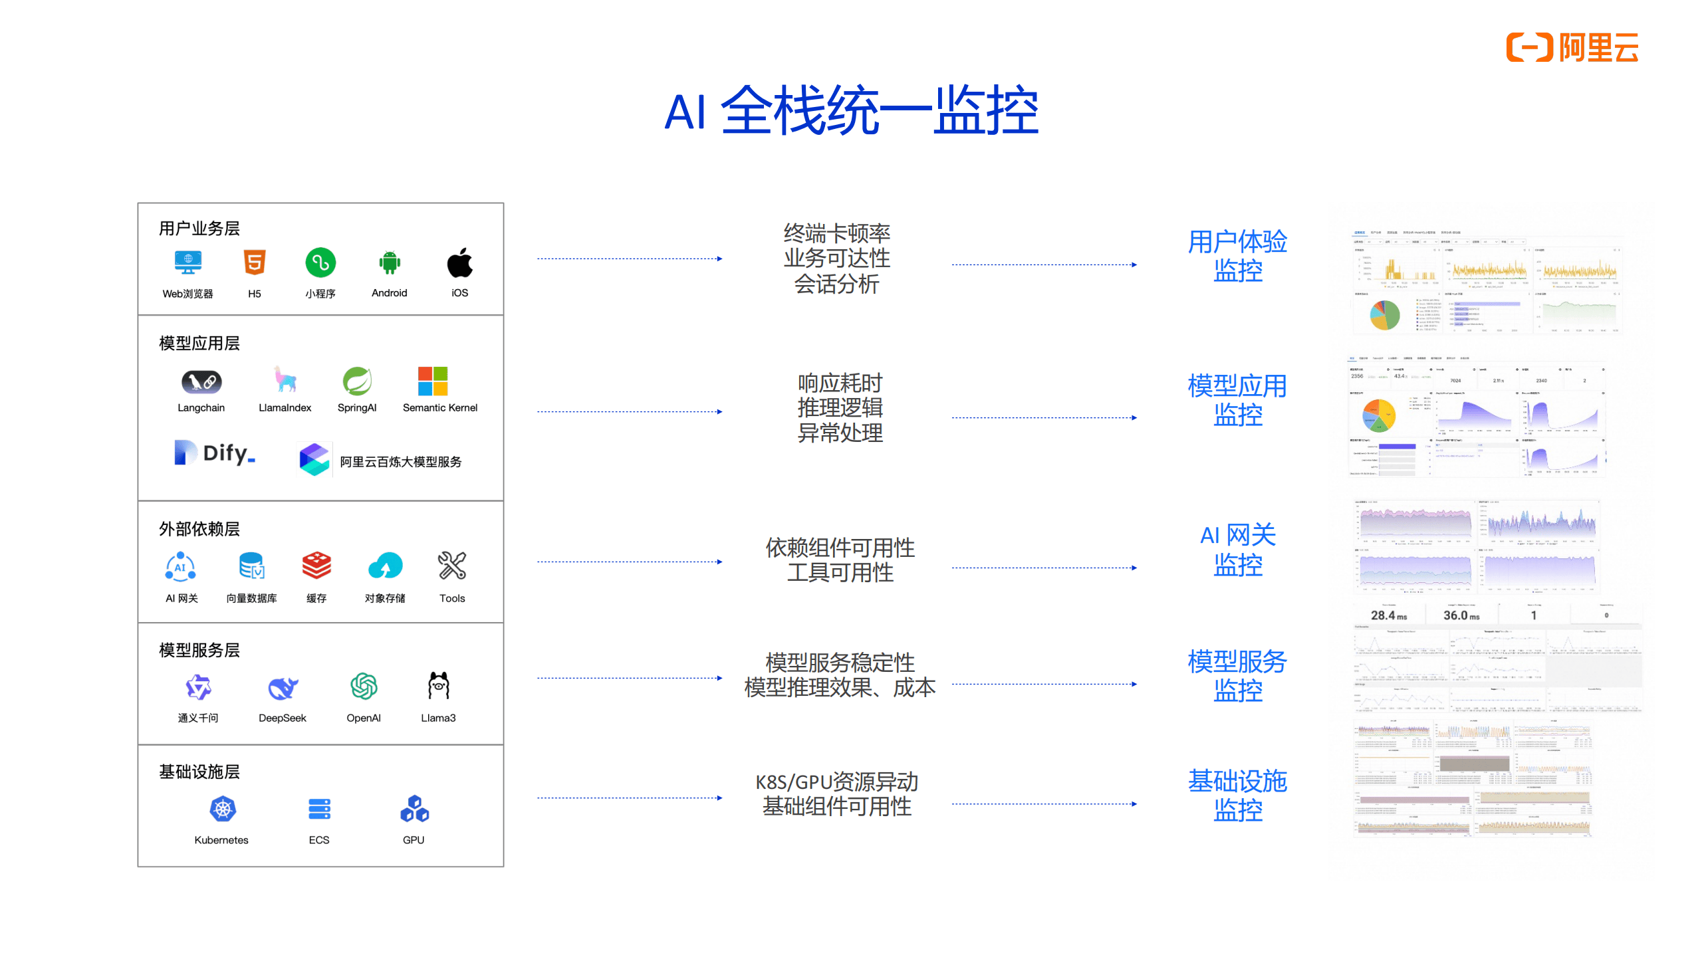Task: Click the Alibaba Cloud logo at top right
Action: pos(1572,47)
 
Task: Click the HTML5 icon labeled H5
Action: pos(255,263)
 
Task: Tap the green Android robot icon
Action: pos(390,263)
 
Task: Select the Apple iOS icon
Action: pos(459,263)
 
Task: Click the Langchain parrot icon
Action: pos(201,381)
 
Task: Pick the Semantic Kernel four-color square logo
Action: pos(433,381)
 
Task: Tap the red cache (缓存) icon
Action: pos(316,566)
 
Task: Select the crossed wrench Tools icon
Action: pos(452,566)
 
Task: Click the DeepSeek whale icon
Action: pos(283,688)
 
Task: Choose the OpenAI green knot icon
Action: pos(364,687)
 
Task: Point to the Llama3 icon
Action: pos(439,687)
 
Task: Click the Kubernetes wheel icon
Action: pos(223,809)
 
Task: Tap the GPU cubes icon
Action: pos(414,809)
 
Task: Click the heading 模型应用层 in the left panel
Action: pos(199,343)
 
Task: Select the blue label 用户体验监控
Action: pos(1237,256)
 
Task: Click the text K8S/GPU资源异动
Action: pos(836,782)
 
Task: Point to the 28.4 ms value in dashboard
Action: pos(1388,615)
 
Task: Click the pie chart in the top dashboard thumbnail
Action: pos(1384,315)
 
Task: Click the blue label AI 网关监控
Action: pos(1237,550)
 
